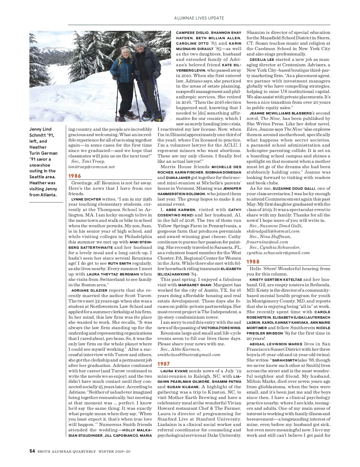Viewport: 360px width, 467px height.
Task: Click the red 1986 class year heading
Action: coord(75,176)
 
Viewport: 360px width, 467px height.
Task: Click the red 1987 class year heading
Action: coord(164,364)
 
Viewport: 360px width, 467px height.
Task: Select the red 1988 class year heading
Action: coord(253,262)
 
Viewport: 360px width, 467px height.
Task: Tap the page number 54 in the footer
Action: coord(32,451)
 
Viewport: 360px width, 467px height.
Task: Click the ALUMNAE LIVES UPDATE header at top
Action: coord(199,18)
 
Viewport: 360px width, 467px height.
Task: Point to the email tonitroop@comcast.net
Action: coord(91,167)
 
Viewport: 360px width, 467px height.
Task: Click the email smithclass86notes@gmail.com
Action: coord(189,355)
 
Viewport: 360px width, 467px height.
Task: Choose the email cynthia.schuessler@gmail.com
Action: coord(278,253)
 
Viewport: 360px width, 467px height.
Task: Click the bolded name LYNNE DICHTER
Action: coord(86,199)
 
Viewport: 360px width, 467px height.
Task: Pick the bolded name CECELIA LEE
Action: coord(262,60)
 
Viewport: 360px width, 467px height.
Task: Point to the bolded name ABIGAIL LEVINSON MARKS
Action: coord(276,344)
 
